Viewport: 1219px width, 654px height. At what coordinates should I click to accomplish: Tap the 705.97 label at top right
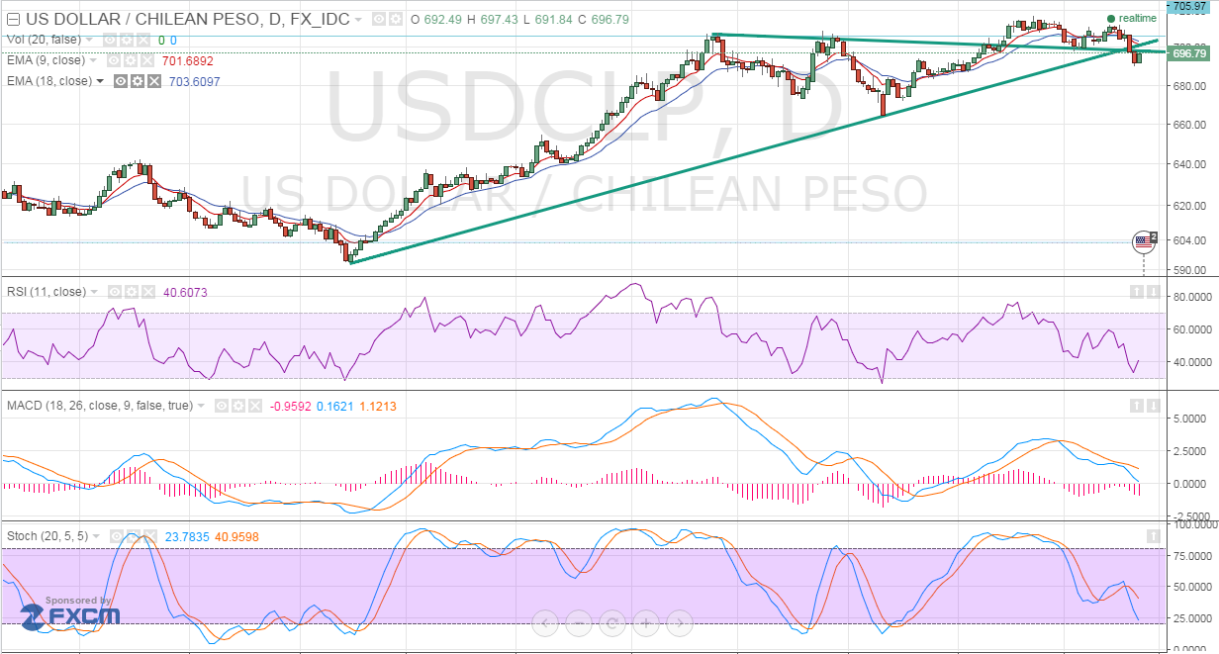(1191, 6)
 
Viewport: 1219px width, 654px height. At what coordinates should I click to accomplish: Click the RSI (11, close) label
(47, 292)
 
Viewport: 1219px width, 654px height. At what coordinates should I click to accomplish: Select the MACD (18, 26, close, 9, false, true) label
(103, 406)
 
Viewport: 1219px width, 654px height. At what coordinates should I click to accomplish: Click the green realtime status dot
(1111, 19)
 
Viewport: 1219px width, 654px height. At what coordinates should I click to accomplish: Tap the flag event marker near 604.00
(1144, 240)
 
